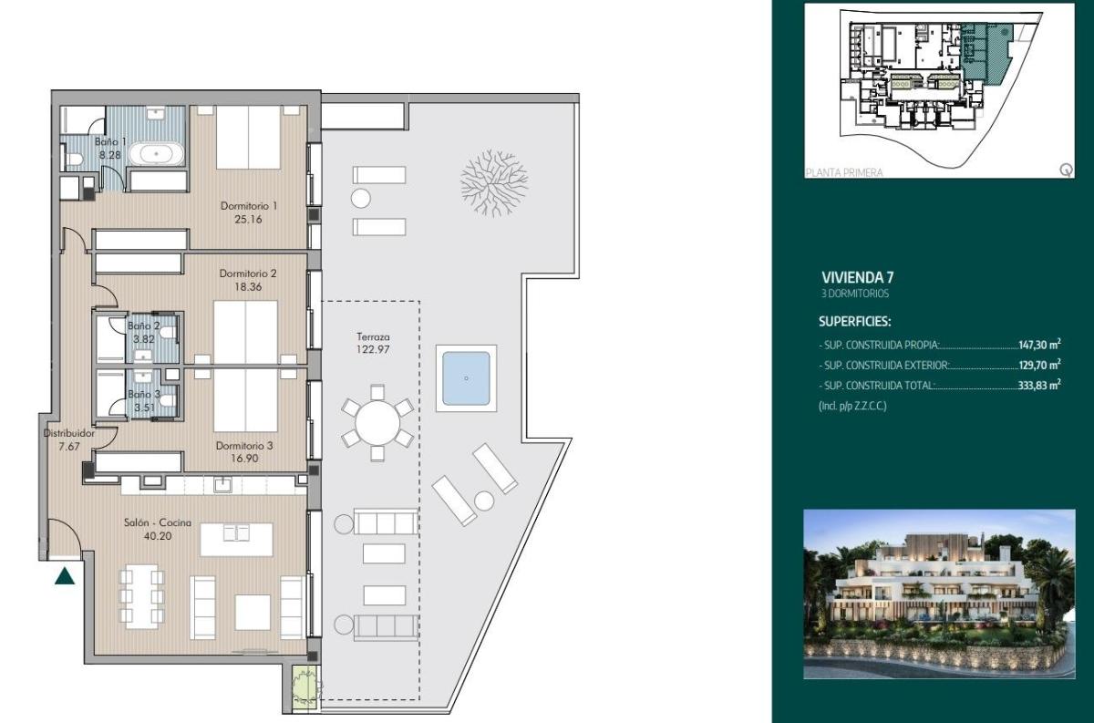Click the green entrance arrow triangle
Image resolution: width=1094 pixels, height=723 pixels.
click(x=64, y=576)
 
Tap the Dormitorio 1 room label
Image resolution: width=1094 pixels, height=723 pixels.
click(x=248, y=205)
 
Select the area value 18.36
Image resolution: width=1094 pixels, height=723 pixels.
click(x=248, y=285)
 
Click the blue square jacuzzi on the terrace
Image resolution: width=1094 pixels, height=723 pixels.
click(x=465, y=377)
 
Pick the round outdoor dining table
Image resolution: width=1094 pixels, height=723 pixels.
click(x=377, y=423)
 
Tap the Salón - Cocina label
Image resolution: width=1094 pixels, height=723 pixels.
click(x=159, y=522)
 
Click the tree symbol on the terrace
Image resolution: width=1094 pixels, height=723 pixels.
click(x=493, y=177)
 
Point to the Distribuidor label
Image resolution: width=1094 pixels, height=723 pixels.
click(x=68, y=434)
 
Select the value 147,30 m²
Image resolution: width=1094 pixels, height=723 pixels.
click(x=1038, y=346)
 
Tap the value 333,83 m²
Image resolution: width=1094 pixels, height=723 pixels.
click(x=1038, y=386)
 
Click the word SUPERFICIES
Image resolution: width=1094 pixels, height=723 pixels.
click(x=854, y=322)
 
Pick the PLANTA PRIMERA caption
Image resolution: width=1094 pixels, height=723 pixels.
click(x=844, y=171)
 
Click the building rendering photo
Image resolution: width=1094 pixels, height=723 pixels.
click(x=938, y=594)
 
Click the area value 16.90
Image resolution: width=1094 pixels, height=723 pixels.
click(x=244, y=459)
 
